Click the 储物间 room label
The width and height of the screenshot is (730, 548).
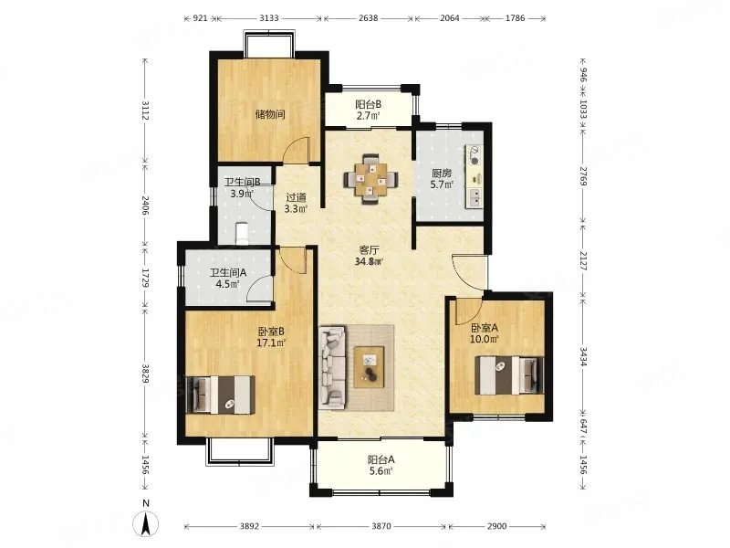(x=270, y=115)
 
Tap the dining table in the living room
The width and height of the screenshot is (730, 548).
(x=371, y=179)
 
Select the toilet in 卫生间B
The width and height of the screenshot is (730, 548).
(x=241, y=234)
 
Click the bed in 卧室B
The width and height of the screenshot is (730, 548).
(x=220, y=395)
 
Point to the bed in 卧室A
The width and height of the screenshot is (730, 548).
(x=509, y=375)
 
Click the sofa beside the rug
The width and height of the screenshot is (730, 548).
(x=332, y=368)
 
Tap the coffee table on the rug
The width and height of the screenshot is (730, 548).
(x=370, y=367)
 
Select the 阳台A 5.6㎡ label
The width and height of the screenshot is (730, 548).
(x=381, y=465)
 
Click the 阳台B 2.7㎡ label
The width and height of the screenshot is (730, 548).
(x=369, y=110)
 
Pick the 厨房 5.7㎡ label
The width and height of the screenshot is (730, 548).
(x=441, y=179)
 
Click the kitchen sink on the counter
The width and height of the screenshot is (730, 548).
(x=475, y=198)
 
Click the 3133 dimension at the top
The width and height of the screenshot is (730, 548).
(x=269, y=18)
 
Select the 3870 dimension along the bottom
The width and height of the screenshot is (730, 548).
(x=381, y=527)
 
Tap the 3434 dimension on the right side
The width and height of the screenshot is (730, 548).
(x=583, y=355)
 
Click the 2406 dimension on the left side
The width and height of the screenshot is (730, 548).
(x=145, y=205)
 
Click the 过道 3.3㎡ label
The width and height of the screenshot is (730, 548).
(x=296, y=203)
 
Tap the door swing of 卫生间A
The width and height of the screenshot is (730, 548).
(x=258, y=286)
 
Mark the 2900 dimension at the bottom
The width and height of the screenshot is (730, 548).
(x=496, y=527)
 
